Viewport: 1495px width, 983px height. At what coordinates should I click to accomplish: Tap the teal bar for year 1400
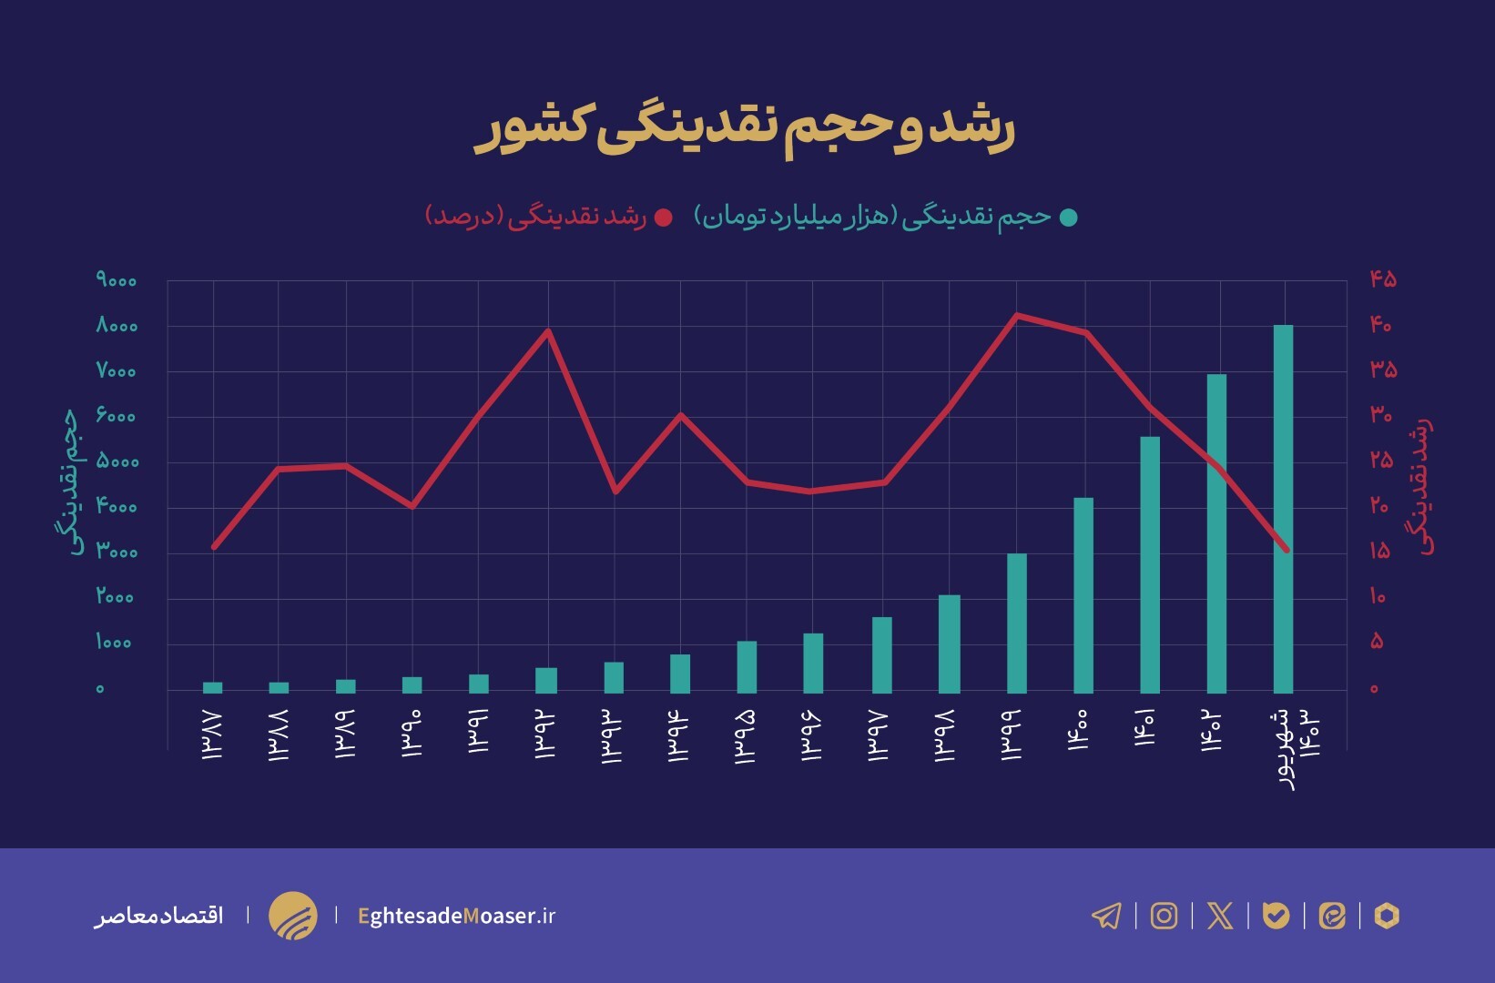coord(1083,595)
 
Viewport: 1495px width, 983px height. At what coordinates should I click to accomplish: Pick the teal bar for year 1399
coord(1017,623)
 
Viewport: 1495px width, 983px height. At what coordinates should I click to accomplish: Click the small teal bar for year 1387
coord(213,687)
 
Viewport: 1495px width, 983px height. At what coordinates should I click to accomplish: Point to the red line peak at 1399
coord(1017,315)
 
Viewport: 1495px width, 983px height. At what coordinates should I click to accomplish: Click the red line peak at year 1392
coord(547,330)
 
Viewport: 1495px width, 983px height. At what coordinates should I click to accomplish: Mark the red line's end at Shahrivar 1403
coord(1287,550)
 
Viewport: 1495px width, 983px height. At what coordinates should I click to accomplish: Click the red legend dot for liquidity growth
coord(664,218)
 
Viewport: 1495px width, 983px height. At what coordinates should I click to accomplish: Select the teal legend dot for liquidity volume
coord(1069,218)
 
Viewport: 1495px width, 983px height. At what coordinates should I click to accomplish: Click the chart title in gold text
coord(745,129)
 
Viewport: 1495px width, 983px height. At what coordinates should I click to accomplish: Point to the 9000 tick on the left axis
coord(117,280)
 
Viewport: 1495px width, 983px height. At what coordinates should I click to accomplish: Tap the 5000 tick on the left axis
coord(117,461)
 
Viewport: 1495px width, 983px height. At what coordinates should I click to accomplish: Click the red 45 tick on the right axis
coord(1382,279)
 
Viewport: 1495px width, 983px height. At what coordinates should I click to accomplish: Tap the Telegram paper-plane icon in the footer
coord(1106,915)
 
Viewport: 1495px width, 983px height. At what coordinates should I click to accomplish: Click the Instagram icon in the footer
coord(1164,915)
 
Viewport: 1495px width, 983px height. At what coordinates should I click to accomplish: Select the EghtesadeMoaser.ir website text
coord(456,916)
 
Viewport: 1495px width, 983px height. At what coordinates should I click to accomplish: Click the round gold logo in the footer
coord(293,916)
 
